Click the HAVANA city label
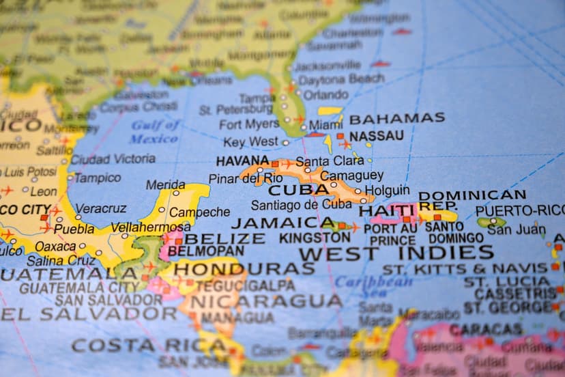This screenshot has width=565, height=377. (x=242, y=161)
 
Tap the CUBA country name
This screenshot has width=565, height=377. (x=293, y=191)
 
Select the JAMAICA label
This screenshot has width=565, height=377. (x=282, y=223)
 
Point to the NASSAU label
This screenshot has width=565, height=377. (x=377, y=136)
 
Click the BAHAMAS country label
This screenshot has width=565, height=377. (x=396, y=118)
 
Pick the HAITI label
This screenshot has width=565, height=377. (x=387, y=210)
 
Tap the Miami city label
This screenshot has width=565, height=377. (x=325, y=125)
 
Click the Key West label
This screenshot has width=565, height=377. (x=250, y=142)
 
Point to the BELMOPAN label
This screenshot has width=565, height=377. (x=206, y=251)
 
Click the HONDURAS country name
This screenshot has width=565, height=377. (x=244, y=268)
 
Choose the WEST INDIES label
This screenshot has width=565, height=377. (x=396, y=253)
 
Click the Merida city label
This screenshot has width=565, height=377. (x=165, y=184)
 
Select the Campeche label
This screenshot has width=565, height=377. (x=199, y=212)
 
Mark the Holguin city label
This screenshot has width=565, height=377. (x=387, y=191)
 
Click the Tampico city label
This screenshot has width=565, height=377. (x=97, y=178)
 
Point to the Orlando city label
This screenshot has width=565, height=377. (x=325, y=95)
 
